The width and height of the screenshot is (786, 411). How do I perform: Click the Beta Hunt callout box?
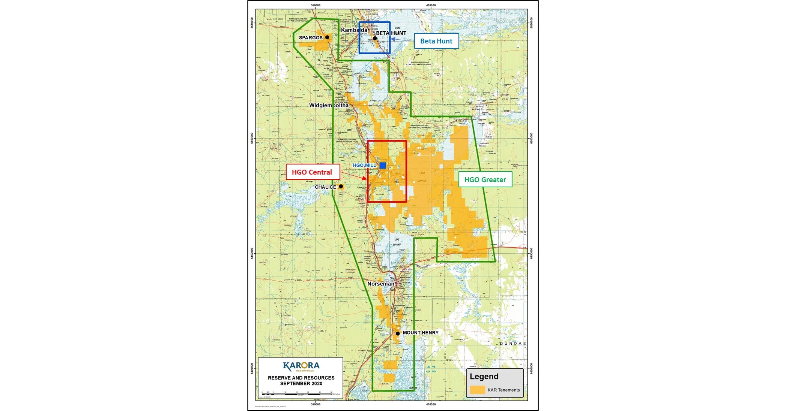436,41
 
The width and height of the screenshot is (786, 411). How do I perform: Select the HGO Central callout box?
313,172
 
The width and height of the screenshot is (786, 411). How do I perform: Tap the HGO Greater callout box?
485,179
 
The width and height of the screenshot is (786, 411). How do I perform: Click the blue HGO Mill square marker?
383,166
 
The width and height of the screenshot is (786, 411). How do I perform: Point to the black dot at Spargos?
327,37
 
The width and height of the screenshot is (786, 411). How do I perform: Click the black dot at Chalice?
341,186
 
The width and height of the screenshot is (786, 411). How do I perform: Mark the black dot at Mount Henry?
398,333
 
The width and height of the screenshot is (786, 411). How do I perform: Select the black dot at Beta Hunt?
375,38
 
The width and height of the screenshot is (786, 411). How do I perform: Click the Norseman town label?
381,284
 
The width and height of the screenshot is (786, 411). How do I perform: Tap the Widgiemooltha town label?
329,105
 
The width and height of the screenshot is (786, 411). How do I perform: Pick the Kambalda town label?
354,30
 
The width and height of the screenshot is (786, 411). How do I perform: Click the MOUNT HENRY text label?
421,333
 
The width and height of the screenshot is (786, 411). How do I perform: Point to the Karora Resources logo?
301,366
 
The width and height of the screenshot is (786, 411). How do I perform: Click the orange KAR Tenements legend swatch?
477,390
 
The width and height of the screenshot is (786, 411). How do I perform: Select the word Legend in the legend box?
484,377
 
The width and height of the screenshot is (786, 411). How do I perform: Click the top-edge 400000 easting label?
431,5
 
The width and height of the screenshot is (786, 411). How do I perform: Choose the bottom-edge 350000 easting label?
316,404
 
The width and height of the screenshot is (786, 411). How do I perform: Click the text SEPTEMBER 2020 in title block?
301,383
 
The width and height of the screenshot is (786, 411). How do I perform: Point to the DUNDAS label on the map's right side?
513,344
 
